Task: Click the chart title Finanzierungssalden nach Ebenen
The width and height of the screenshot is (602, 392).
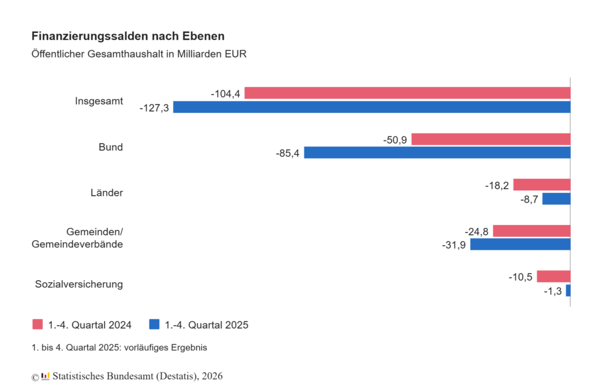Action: click(x=128, y=36)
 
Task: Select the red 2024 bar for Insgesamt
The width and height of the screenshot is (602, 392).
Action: click(x=407, y=93)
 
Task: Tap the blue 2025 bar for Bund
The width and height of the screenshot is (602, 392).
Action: click(x=437, y=153)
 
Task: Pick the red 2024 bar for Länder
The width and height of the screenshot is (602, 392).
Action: click(x=541, y=185)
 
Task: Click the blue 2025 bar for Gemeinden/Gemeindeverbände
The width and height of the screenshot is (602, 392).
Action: click(x=520, y=244)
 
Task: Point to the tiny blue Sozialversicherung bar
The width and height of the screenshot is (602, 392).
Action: click(x=568, y=291)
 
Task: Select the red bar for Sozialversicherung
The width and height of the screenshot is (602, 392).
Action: click(x=554, y=276)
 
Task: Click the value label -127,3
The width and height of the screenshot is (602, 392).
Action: click(x=154, y=108)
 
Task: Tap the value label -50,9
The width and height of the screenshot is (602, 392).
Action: click(x=395, y=140)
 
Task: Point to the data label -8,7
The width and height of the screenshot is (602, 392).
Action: click(x=529, y=200)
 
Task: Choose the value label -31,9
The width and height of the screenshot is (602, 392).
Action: click(x=454, y=245)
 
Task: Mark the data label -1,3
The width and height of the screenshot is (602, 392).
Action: click(x=553, y=292)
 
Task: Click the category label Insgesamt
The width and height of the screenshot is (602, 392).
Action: click(x=99, y=101)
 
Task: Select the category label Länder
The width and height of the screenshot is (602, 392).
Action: click(x=107, y=192)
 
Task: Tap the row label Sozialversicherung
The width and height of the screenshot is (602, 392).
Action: click(x=79, y=284)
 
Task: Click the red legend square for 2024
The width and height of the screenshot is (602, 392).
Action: click(x=38, y=324)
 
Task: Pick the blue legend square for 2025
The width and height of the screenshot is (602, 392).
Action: click(x=155, y=324)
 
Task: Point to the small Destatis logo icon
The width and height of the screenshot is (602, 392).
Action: click(x=45, y=376)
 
